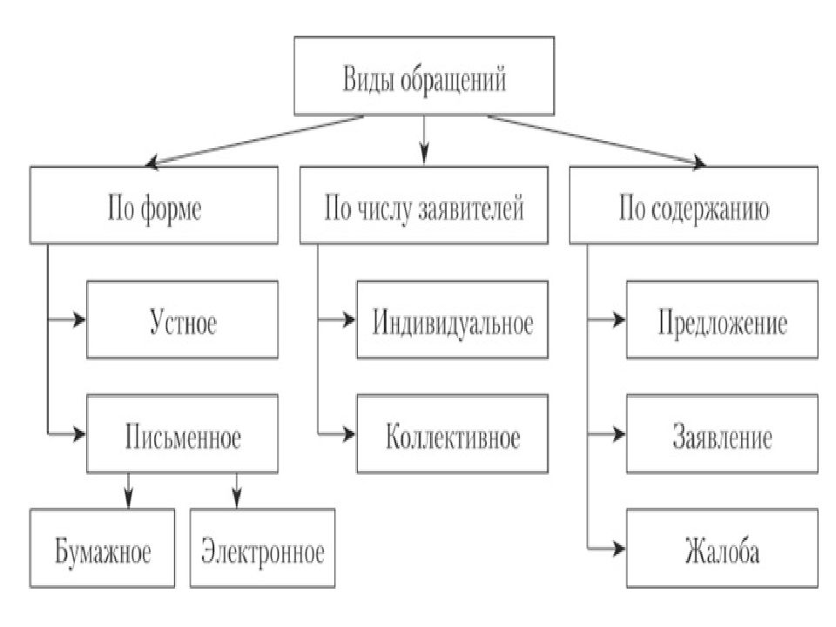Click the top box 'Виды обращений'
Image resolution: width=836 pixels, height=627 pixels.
coord(424,76)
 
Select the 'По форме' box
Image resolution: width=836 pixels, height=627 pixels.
coord(153,206)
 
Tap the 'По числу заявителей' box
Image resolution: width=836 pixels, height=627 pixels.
coord(424,206)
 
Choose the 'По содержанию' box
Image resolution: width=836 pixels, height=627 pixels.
coord(694,206)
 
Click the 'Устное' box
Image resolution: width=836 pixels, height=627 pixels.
coord(182,320)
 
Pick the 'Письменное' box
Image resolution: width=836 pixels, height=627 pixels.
coord(182,434)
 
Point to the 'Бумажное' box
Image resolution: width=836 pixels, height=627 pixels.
coord(102,548)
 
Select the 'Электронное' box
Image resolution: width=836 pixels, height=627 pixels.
coord(262,548)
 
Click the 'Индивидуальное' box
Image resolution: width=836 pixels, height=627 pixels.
coord(452,320)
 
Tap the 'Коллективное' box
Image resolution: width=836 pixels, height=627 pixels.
coord(452,434)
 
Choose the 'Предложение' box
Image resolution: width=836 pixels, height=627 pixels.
coord(722,320)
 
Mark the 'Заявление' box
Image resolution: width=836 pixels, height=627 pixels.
coord(722,434)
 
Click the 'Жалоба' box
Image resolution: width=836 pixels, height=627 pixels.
coord(722,548)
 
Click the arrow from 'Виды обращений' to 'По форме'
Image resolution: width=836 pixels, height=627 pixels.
coord(255,141)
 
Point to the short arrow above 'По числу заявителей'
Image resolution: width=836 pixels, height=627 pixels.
coord(424,139)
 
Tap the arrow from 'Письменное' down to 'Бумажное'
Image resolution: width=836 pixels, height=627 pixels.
coord(128,490)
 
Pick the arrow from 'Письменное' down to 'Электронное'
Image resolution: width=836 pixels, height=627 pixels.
coord(237,490)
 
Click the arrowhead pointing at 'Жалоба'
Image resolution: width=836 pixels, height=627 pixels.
coord(619,548)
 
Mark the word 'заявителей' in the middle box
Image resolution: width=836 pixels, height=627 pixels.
coord(471,208)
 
